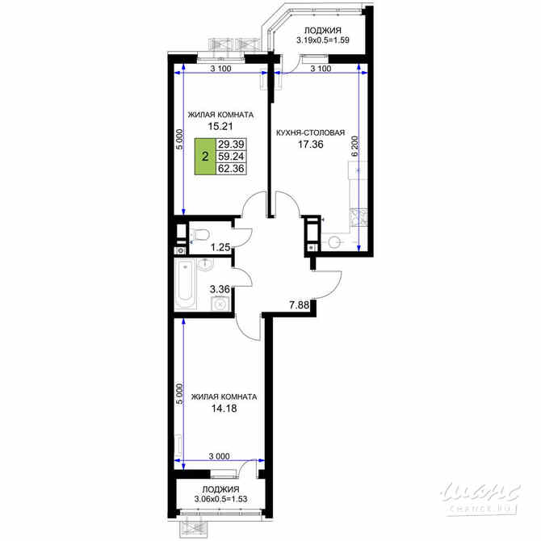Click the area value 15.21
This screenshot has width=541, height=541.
pyautogui.click(x=220, y=126)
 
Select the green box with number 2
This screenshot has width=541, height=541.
pyautogui.click(x=205, y=156)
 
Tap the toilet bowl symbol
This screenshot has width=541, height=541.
pyautogui.click(x=201, y=234)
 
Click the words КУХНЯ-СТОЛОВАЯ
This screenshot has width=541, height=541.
pyautogui.click(x=311, y=132)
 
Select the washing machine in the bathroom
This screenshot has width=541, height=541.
pyautogui.click(x=217, y=304)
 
